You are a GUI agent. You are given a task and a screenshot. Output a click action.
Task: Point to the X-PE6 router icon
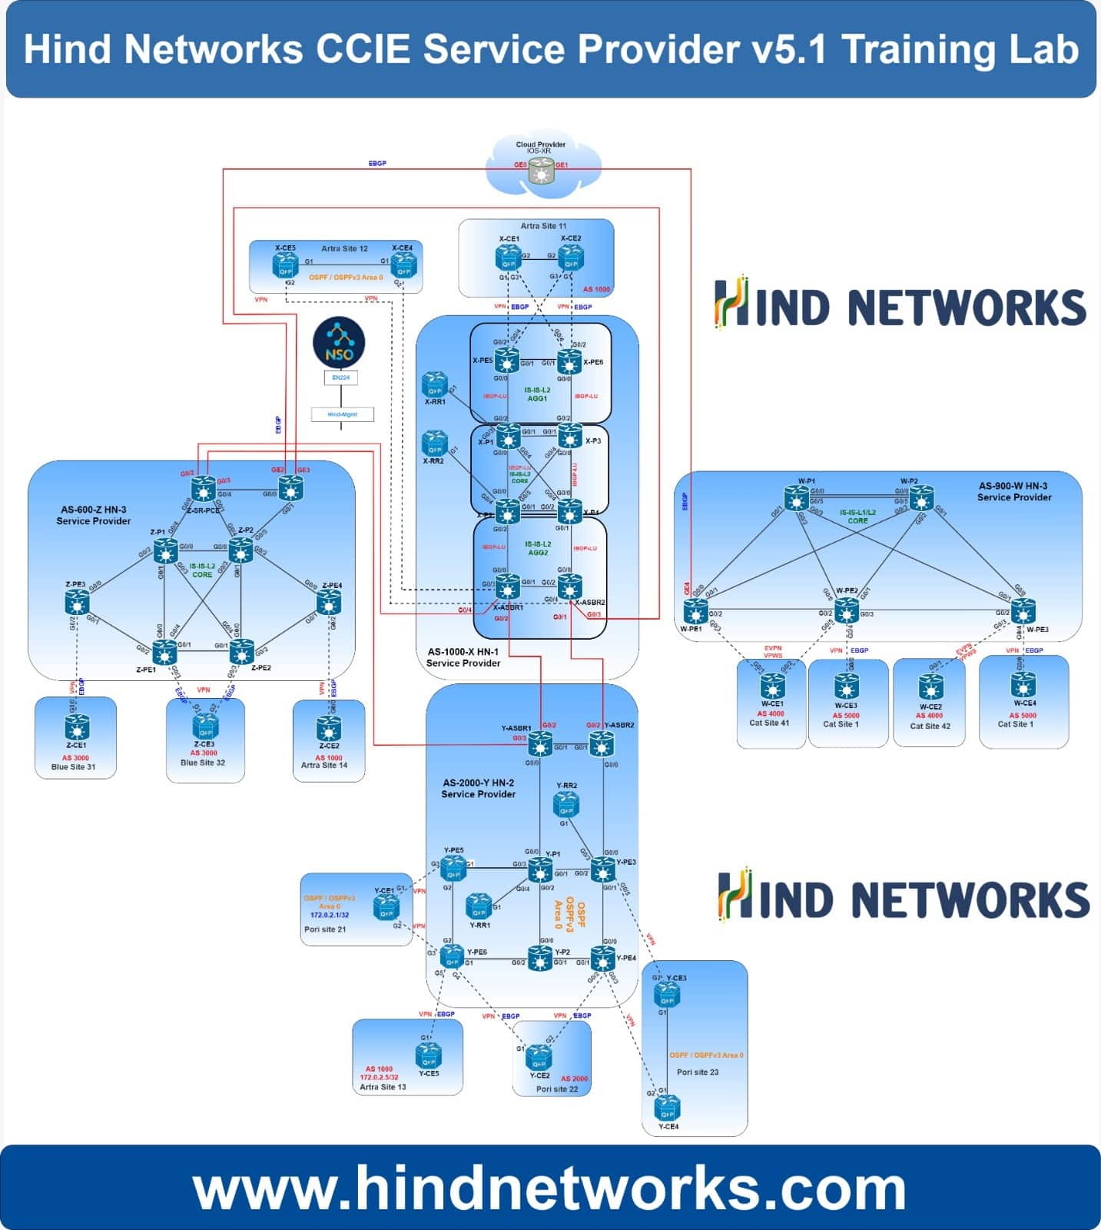point(569,361)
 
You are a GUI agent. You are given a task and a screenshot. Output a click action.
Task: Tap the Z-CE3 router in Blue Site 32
point(204,724)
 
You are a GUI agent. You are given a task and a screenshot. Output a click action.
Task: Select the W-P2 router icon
point(921,498)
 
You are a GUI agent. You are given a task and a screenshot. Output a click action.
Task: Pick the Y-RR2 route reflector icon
point(566,804)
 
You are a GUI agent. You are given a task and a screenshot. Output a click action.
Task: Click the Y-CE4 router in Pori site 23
point(666,1109)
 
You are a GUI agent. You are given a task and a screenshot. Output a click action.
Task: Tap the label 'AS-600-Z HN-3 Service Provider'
point(93,515)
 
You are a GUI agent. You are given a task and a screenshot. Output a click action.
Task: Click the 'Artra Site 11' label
point(543,226)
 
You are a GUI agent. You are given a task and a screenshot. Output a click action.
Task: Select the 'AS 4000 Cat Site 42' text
point(930,720)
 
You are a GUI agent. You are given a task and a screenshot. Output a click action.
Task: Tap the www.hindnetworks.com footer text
point(550,1188)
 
